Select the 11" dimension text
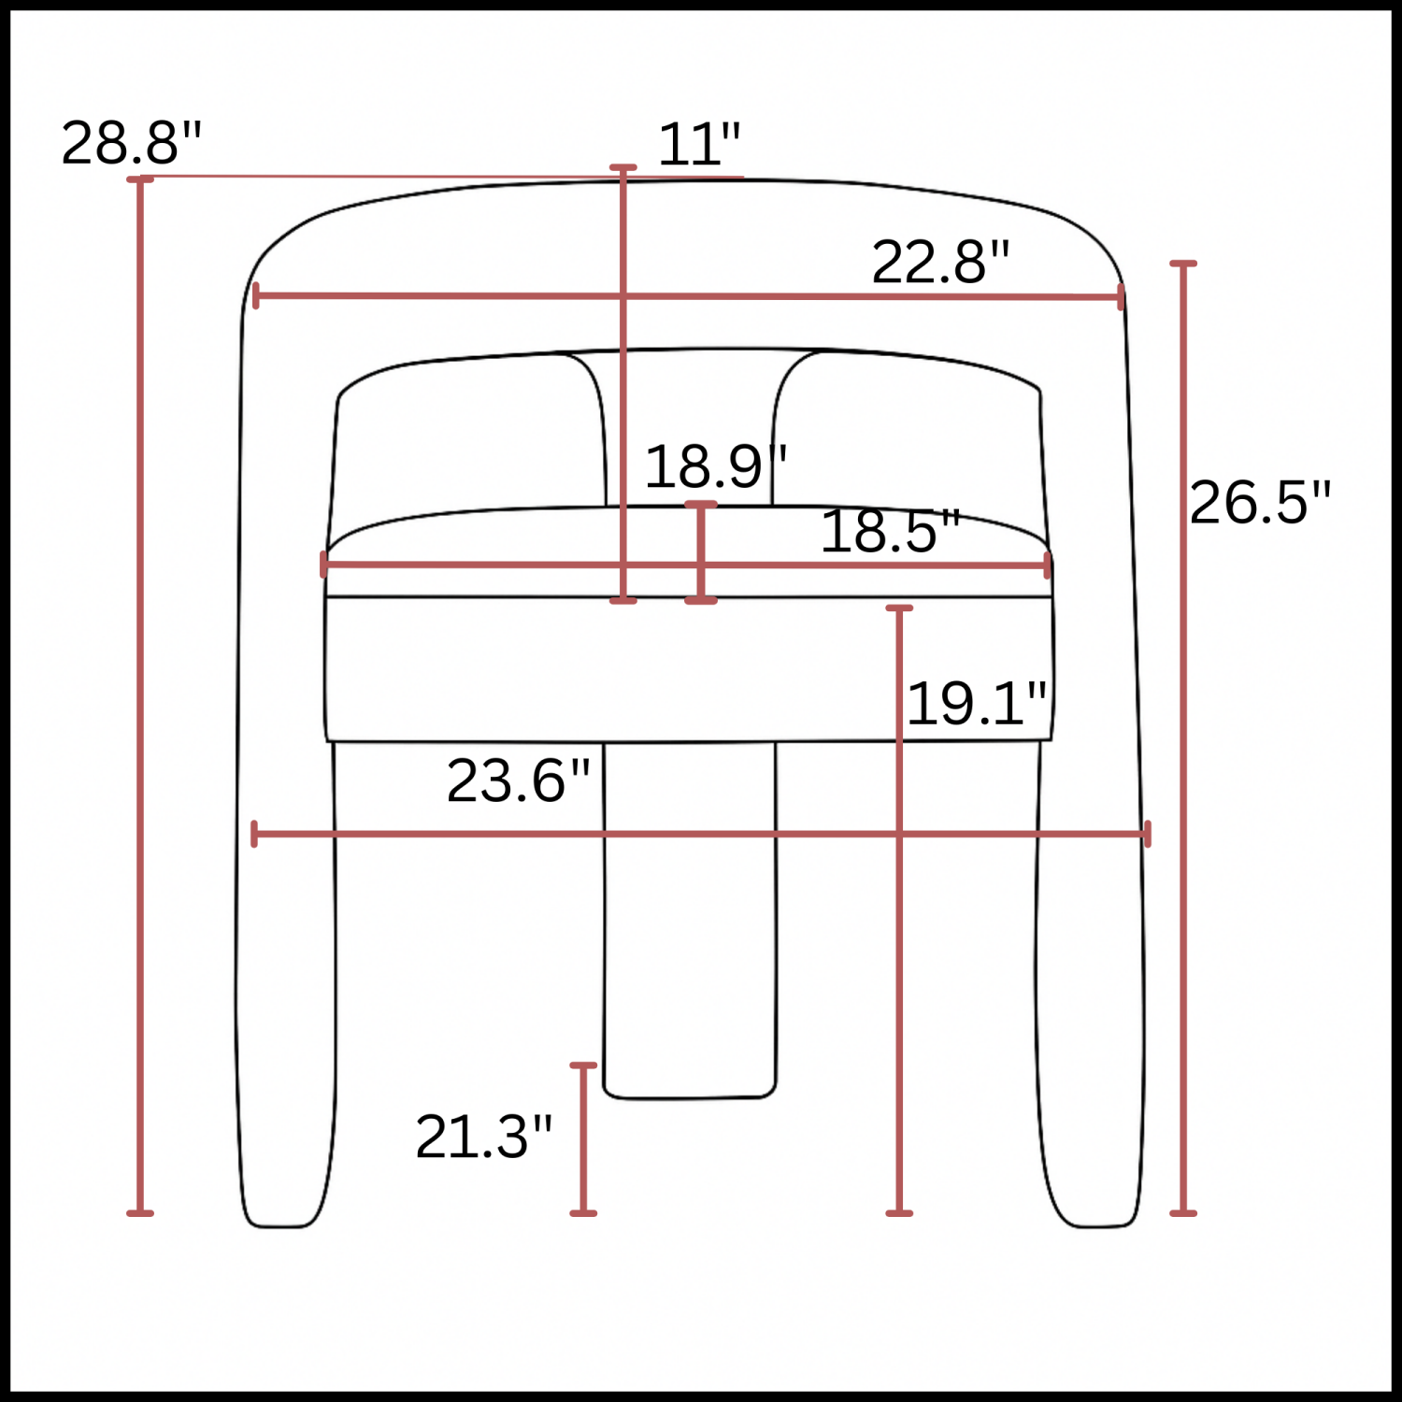point(699,145)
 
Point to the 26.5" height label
point(1259,502)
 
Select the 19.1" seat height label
point(977,703)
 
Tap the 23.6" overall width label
point(518,780)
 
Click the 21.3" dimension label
point(483,1137)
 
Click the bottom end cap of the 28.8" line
point(140,1213)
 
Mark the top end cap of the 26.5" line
point(1183,265)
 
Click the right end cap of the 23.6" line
point(1147,834)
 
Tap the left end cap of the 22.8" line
point(256,296)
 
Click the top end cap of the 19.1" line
point(899,608)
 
